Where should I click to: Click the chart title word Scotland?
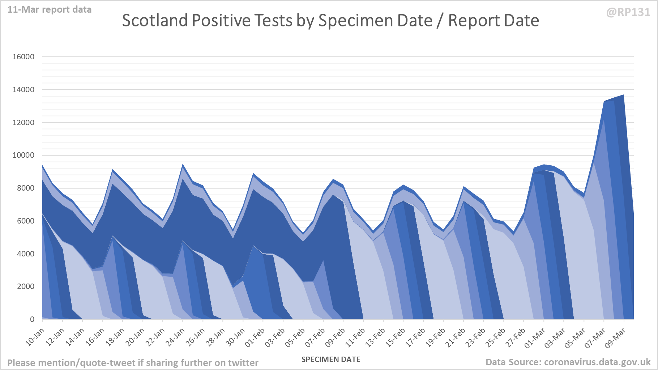pos(155,21)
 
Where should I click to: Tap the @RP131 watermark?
pos(628,12)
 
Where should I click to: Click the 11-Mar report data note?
pos(50,9)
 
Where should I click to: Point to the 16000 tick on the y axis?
pos(23,57)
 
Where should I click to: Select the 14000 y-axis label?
pos(23,90)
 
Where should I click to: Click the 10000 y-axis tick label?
pos(23,155)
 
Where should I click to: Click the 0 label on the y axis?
pos(32,319)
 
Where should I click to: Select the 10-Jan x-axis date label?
pos(35,337)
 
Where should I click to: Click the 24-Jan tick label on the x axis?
pos(175,337)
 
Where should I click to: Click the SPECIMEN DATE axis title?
pos(331,360)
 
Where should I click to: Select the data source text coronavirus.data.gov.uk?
pos(597,362)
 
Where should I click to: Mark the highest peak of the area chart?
pos(623,95)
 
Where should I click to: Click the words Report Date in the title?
pos(493,21)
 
